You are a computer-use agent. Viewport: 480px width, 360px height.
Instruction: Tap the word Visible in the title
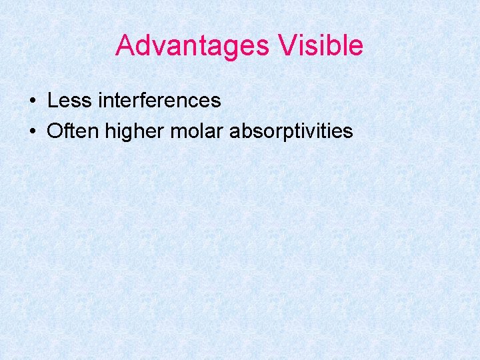tap(322, 46)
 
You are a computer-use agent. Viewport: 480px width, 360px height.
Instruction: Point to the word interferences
tap(159, 101)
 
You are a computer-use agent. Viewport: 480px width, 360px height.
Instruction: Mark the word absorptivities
tap(291, 131)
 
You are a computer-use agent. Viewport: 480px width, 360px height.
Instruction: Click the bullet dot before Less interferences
tap(33, 101)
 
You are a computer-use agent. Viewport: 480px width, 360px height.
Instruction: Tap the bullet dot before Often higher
tap(33, 131)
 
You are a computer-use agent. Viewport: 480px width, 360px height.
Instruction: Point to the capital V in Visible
tap(288, 46)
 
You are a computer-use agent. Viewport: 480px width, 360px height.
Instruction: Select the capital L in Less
tap(52, 101)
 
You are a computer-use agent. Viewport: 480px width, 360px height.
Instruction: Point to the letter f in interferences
tap(153, 100)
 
